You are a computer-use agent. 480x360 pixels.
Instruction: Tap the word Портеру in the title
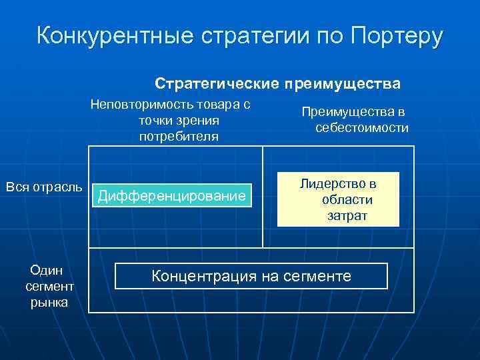pos(397,36)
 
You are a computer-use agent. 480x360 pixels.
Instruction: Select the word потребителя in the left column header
pos(178,137)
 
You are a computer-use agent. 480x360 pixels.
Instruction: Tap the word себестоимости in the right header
pos(362,128)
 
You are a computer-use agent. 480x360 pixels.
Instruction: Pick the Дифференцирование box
pos(171,195)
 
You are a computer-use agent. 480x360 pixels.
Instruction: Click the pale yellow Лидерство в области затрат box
pos(338,199)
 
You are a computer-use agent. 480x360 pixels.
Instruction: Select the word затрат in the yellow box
pos(347,215)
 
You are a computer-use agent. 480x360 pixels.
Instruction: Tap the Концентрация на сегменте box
pos(251,275)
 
